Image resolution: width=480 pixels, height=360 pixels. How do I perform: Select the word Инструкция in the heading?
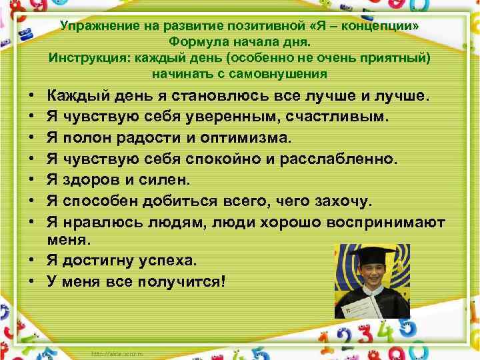tap(84, 57)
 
